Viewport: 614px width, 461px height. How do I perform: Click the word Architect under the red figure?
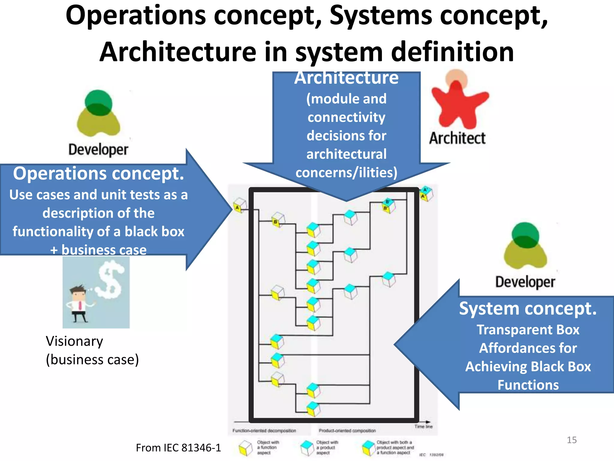pos(457,138)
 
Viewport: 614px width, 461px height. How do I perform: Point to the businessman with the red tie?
pos(79,303)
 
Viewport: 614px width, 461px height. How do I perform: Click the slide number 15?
pos(571,440)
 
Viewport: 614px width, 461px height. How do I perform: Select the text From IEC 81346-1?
pos(178,448)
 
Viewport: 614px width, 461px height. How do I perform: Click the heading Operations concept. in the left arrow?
pos(98,174)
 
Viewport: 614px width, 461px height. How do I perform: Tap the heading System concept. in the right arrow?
pos(528,309)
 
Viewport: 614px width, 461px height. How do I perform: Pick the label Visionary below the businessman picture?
pos(74,341)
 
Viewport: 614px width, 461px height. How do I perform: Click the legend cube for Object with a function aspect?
pos(246,448)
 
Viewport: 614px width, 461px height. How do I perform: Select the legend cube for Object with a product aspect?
pos(307,447)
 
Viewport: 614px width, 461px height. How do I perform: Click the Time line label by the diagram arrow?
pos(423,426)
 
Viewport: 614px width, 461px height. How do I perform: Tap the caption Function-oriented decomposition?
pos(264,431)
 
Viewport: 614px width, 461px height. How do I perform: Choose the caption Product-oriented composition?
pos(347,431)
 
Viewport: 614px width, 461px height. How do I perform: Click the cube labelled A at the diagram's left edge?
pos(240,205)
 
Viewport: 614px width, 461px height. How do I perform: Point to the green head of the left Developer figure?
pos(98,102)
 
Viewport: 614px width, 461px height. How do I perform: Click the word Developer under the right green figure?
pos(525,282)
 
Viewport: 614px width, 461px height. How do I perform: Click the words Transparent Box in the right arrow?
pos(528,330)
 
